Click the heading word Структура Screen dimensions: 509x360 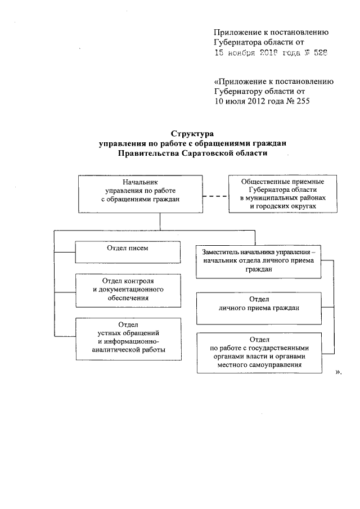tap(190, 133)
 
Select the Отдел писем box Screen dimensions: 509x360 tap(128, 251)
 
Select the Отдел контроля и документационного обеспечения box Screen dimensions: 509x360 tap(128, 289)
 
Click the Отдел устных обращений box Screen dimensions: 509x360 tap(128, 337)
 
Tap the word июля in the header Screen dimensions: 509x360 tap(235, 101)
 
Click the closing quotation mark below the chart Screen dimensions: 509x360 tap(338, 372)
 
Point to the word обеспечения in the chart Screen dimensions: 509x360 tap(129, 298)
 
